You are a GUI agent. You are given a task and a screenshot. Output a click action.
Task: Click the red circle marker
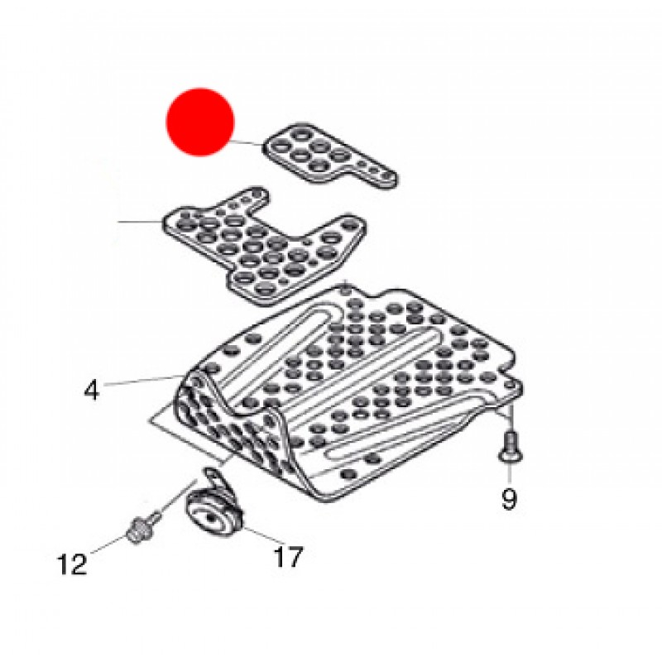tap(200, 122)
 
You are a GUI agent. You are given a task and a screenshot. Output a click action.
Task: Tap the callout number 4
tap(92, 390)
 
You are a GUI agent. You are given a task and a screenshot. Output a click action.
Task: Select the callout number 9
tap(509, 499)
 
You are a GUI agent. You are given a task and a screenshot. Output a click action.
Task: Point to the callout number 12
tap(72, 564)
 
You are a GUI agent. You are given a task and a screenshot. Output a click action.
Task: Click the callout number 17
tap(288, 556)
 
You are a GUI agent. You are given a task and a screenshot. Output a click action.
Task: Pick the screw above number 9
tap(511, 446)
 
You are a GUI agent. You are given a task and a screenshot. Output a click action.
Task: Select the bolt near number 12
tap(142, 527)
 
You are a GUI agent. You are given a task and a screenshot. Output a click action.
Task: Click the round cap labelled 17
tap(213, 512)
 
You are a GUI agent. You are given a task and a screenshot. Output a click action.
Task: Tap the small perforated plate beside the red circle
tap(330, 155)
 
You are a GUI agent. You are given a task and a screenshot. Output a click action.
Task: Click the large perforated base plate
tap(346, 392)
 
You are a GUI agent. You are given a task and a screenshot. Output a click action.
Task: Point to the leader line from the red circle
tap(248, 142)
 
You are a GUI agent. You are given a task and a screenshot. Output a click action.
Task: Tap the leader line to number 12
tap(109, 544)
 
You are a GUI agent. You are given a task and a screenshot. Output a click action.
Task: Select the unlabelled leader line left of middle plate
tap(141, 221)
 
